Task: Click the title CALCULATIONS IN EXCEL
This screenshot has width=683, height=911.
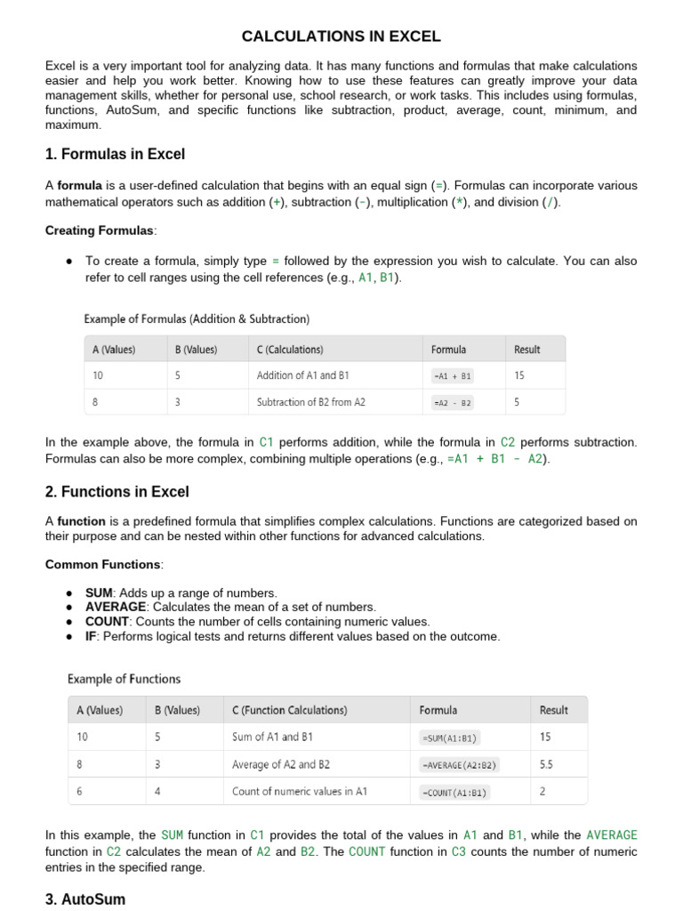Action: [x=341, y=36]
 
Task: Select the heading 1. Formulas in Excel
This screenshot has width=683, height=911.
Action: [x=115, y=155]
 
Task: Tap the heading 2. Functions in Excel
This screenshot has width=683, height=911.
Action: [x=117, y=492]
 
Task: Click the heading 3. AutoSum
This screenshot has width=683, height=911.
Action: [x=84, y=899]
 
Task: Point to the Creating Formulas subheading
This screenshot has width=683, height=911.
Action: [x=100, y=230]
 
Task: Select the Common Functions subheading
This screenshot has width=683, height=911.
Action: [x=102, y=564]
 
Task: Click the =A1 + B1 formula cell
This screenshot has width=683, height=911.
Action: [x=452, y=376]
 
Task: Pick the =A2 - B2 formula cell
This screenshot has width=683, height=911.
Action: [x=452, y=403]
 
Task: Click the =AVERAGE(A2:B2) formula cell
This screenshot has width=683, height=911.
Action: [x=459, y=765]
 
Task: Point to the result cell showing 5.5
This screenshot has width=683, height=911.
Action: [x=547, y=764]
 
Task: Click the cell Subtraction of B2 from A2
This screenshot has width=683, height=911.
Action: [x=310, y=402]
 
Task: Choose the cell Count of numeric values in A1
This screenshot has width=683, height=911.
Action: [x=299, y=792]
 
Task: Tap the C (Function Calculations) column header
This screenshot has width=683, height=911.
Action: [x=289, y=710]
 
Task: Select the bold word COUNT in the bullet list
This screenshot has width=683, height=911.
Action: [x=107, y=622]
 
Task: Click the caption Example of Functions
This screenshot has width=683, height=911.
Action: [x=124, y=679]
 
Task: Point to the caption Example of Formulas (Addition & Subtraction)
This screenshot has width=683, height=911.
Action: [x=197, y=318]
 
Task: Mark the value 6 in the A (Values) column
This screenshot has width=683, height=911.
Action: [x=82, y=792]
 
